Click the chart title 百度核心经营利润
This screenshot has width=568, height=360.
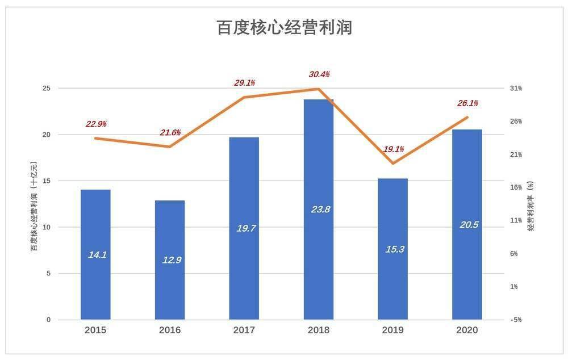coord(284,27)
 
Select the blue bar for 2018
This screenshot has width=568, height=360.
coord(319,209)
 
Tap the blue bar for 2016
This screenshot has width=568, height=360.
coord(170,259)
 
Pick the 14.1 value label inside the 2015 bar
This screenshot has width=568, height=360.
coord(97,255)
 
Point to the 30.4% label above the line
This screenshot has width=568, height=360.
coord(319,74)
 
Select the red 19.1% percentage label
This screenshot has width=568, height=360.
coord(393,149)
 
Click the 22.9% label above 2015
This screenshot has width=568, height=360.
coord(96,124)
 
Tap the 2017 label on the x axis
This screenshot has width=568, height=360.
coord(244,330)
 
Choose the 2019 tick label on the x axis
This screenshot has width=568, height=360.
coord(393,330)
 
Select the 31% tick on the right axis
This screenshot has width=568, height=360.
coord(515,89)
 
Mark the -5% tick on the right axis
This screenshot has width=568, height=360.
coord(515,320)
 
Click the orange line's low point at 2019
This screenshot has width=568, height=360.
coord(393,164)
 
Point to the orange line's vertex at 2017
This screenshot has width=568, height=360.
coord(244,97)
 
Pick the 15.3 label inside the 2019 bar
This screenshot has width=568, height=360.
coord(393,249)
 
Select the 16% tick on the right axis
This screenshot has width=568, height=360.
coord(515,187)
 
